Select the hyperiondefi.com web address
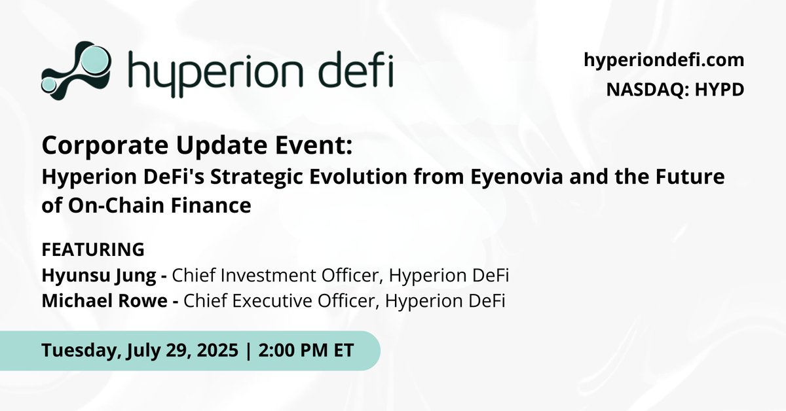(x=664, y=60)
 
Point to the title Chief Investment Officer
(x=273, y=276)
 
